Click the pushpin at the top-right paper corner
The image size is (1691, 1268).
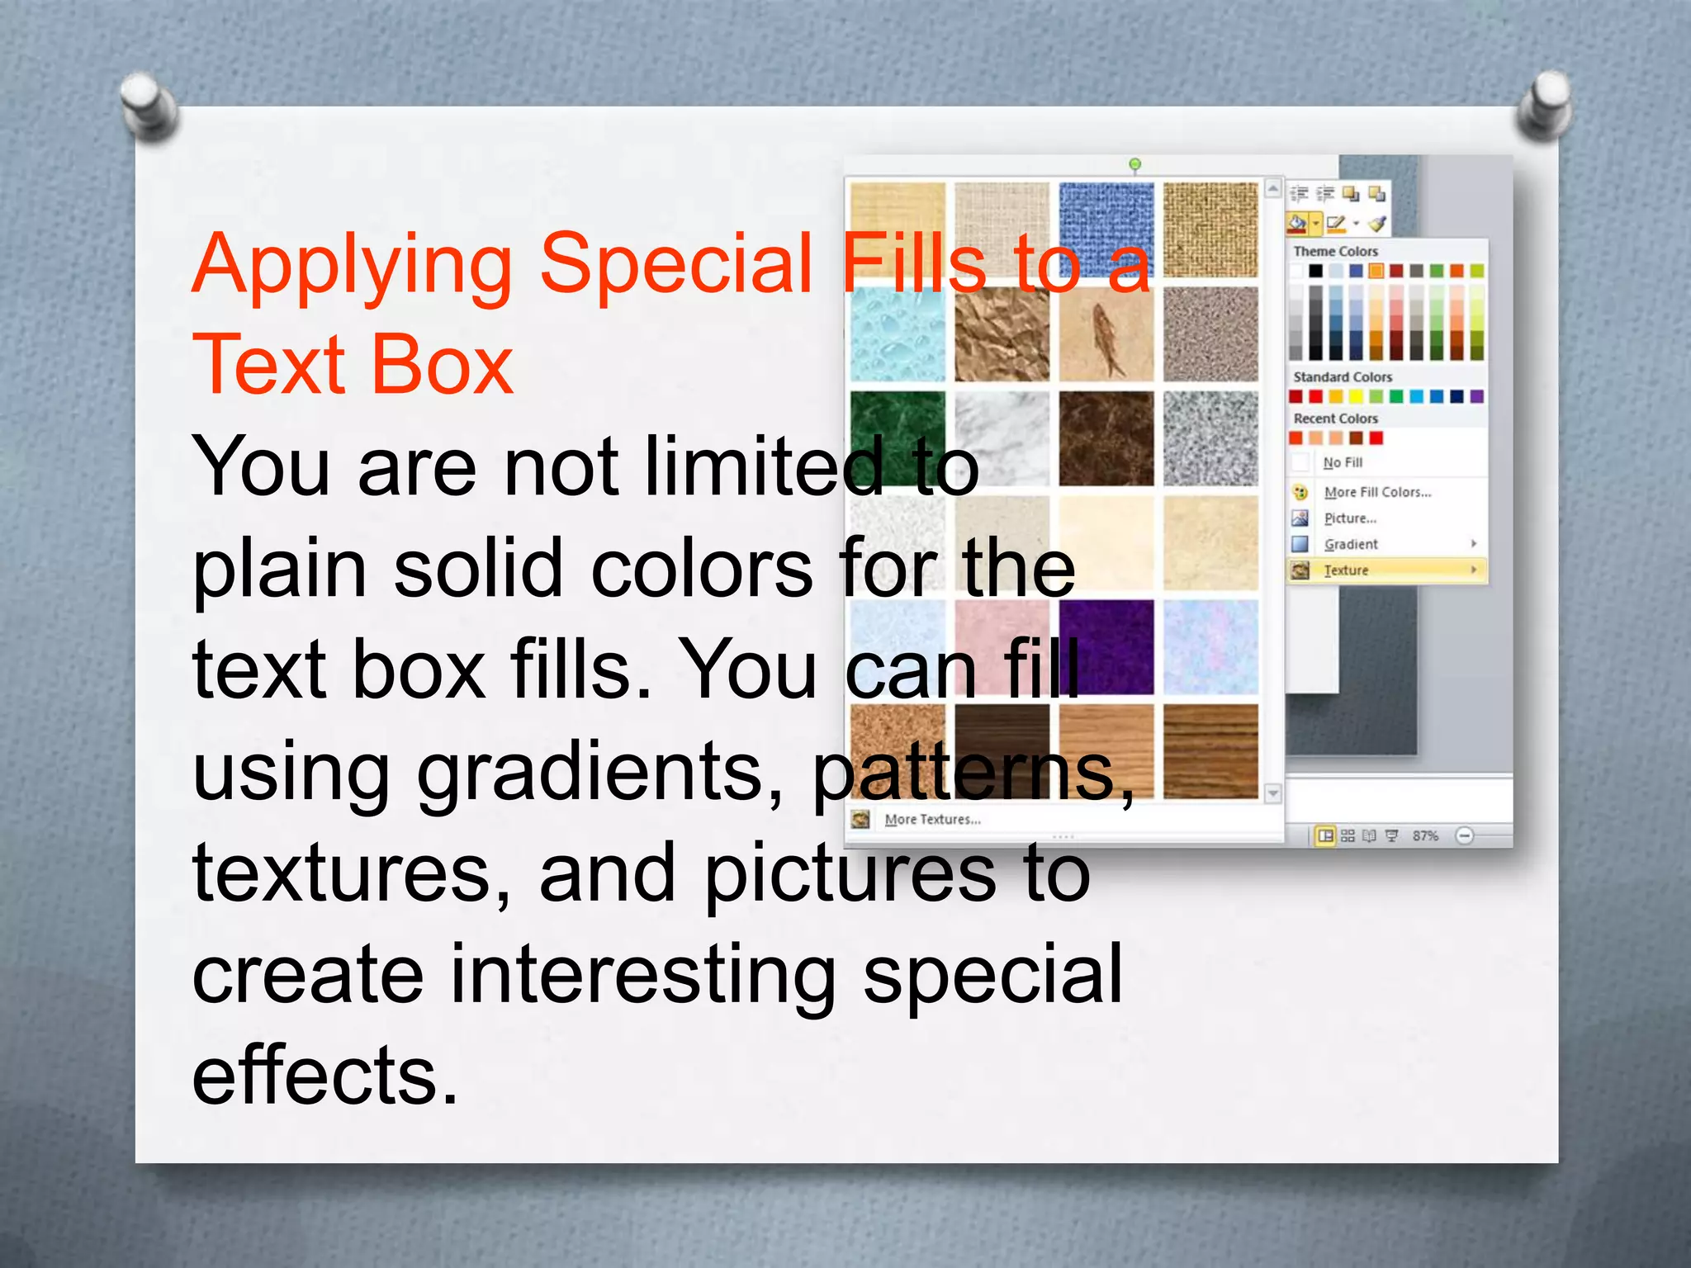coord(1543,102)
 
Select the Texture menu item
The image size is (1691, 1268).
coord(1347,570)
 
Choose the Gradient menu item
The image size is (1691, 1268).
coord(1351,544)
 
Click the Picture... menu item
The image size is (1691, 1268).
coord(1350,518)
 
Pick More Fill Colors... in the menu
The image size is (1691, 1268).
coord(1377,492)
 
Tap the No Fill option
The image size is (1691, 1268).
coord(1343,462)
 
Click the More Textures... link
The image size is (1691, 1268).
coord(932,820)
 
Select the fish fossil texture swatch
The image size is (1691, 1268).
coord(1106,334)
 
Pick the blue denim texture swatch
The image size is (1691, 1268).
coord(1106,230)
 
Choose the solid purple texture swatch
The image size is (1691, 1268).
coord(1106,648)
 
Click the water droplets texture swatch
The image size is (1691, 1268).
coord(898,334)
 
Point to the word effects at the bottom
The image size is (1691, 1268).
coord(324,1075)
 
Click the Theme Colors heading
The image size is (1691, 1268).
coord(1335,251)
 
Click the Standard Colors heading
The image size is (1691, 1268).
coord(1343,377)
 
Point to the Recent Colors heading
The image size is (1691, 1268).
coord(1335,419)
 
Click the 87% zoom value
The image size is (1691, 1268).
coord(1425,836)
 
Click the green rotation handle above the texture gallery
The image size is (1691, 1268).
coord(1135,164)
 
